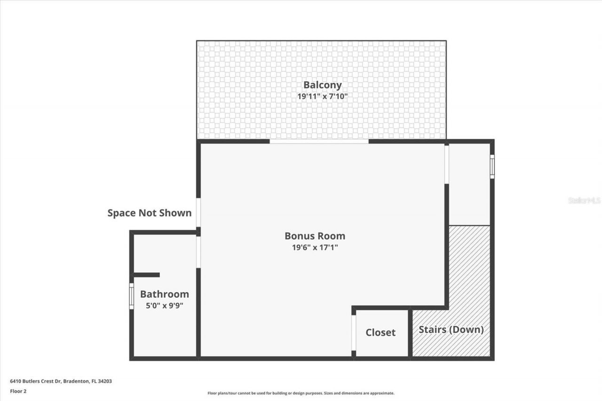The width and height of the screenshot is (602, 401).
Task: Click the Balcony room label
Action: coord(322,85)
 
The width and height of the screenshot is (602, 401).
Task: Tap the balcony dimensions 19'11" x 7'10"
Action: coord(322,96)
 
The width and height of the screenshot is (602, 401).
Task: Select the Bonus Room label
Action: coord(315,236)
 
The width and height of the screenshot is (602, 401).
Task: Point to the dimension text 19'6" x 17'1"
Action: coord(315,247)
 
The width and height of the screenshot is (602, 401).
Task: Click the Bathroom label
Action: coord(164,294)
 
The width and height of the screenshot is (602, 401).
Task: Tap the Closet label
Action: coord(380,332)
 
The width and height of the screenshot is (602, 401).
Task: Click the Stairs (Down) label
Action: coord(451,330)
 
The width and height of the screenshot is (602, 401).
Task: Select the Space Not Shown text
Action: coord(149,213)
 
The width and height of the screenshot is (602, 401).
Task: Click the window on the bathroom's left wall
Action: coord(132,296)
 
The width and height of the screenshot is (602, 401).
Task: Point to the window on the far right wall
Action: coord(492,166)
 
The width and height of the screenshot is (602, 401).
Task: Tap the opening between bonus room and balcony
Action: coord(319,141)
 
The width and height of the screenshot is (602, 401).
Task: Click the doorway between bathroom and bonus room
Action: coord(198,252)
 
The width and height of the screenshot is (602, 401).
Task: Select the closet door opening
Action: coord(354,333)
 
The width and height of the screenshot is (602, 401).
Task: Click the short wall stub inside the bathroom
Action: coord(146,275)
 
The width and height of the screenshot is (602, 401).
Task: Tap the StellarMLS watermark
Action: coord(584,200)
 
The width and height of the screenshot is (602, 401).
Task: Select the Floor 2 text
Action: coord(18,391)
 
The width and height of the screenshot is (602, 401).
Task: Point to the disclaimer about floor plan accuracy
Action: coord(301,393)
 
